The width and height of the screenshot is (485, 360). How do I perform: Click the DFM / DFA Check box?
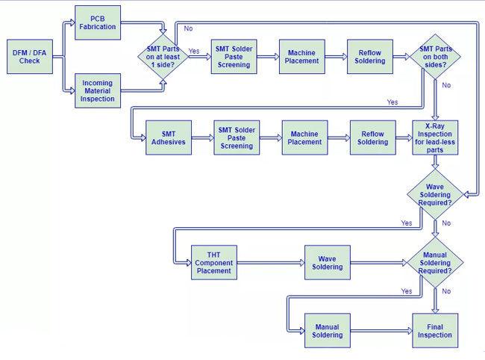[30, 57]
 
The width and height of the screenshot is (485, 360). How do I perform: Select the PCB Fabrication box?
[98, 22]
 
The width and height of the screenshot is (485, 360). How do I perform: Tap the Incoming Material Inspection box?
[98, 90]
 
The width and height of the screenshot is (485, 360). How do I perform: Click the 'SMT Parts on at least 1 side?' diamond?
[163, 57]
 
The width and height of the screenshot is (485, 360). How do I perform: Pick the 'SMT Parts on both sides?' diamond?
[435, 57]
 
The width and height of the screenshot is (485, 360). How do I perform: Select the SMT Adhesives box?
[169, 137]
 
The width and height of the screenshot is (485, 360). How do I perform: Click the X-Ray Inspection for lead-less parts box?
[435, 137]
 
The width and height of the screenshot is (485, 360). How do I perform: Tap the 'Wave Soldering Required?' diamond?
[435, 194]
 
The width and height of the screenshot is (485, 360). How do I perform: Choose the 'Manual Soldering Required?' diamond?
[435, 262]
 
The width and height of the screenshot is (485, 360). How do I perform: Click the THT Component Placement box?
[214, 262]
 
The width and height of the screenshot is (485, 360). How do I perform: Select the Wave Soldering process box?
[328, 262]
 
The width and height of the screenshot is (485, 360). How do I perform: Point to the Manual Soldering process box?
[328, 331]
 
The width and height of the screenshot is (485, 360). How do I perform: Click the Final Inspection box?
[435, 331]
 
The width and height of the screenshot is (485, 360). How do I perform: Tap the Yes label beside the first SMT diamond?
[194, 51]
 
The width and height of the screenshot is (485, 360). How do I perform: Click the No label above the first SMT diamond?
[188, 28]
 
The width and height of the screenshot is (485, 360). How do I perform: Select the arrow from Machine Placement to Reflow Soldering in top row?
[337, 57]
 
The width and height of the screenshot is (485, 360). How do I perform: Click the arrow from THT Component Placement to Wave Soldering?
[271, 263]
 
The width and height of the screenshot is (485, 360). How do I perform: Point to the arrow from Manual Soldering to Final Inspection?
[381, 331]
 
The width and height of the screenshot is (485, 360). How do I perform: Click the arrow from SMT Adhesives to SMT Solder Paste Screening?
[203, 137]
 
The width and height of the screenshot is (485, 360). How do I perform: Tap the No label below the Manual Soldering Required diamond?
[446, 291]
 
